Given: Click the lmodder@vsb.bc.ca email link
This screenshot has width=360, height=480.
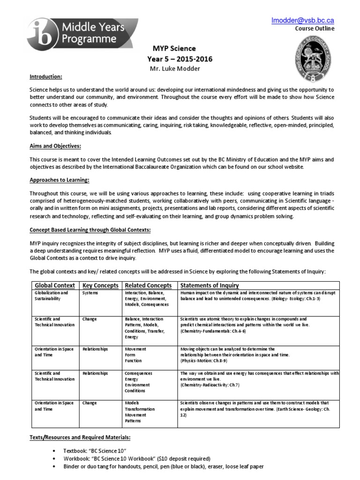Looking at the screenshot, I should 302,21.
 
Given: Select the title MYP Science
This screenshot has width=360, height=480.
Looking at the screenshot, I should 174,49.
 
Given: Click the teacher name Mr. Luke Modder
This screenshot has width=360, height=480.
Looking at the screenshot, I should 174,68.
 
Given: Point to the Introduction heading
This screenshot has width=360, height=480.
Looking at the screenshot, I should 46,76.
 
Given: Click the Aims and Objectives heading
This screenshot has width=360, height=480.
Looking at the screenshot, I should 55,146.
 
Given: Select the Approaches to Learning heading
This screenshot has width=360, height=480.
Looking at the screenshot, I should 59,180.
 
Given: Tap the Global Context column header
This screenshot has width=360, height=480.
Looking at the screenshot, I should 55,285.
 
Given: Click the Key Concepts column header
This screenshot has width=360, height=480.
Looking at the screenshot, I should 100,285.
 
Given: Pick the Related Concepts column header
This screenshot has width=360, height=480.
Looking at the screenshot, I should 148,285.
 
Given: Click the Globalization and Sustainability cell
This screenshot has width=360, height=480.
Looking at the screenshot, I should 52,296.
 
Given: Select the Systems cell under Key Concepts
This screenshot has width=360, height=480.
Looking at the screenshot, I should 90,293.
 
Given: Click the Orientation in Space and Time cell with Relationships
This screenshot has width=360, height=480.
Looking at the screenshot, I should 54,352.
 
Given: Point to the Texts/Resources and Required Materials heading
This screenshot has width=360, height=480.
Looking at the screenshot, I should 80,437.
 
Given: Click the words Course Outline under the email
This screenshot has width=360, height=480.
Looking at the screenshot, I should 315,29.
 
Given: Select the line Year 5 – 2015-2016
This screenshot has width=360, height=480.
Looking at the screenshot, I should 180,59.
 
